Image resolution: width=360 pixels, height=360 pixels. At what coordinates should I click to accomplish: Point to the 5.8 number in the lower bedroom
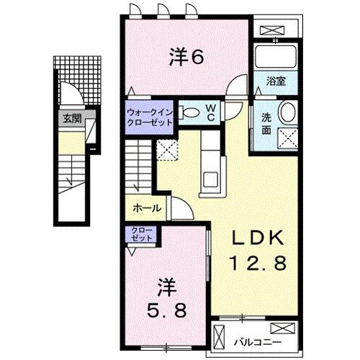coord(167,310)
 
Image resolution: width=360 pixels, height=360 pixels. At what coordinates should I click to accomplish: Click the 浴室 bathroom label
coord(276,81)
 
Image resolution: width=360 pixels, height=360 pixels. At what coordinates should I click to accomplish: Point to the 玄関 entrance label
coord(70,119)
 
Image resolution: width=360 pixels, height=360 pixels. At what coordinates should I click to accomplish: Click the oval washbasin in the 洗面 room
coord(287,112)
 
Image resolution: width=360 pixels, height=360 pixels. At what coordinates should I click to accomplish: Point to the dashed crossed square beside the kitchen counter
coord(168,150)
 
